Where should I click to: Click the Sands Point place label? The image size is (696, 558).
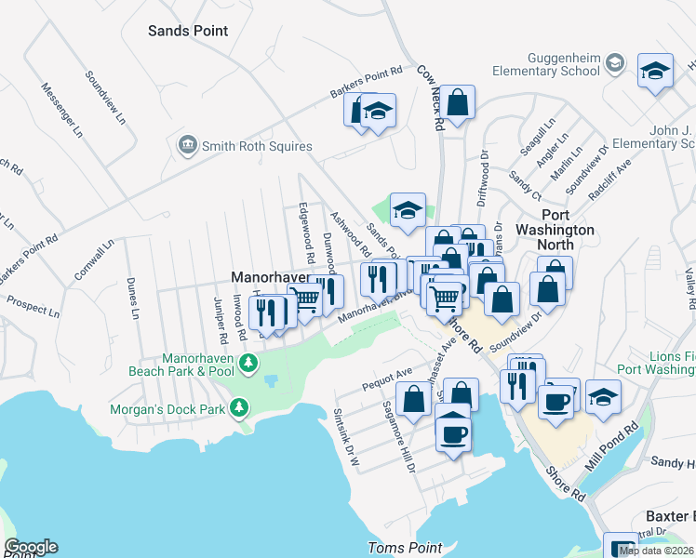point(188,31)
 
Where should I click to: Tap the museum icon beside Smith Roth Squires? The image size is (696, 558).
point(187,146)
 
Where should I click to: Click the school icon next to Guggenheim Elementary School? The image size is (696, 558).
point(614,63)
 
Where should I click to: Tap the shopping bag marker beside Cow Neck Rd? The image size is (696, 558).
point(458,103)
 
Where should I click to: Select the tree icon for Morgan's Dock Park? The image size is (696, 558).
point(239,408)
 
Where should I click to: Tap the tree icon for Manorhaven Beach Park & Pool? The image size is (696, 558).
point(248,363)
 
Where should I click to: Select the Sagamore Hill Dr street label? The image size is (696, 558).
point(397,437)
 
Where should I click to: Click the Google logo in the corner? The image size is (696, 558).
point(31,546)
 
